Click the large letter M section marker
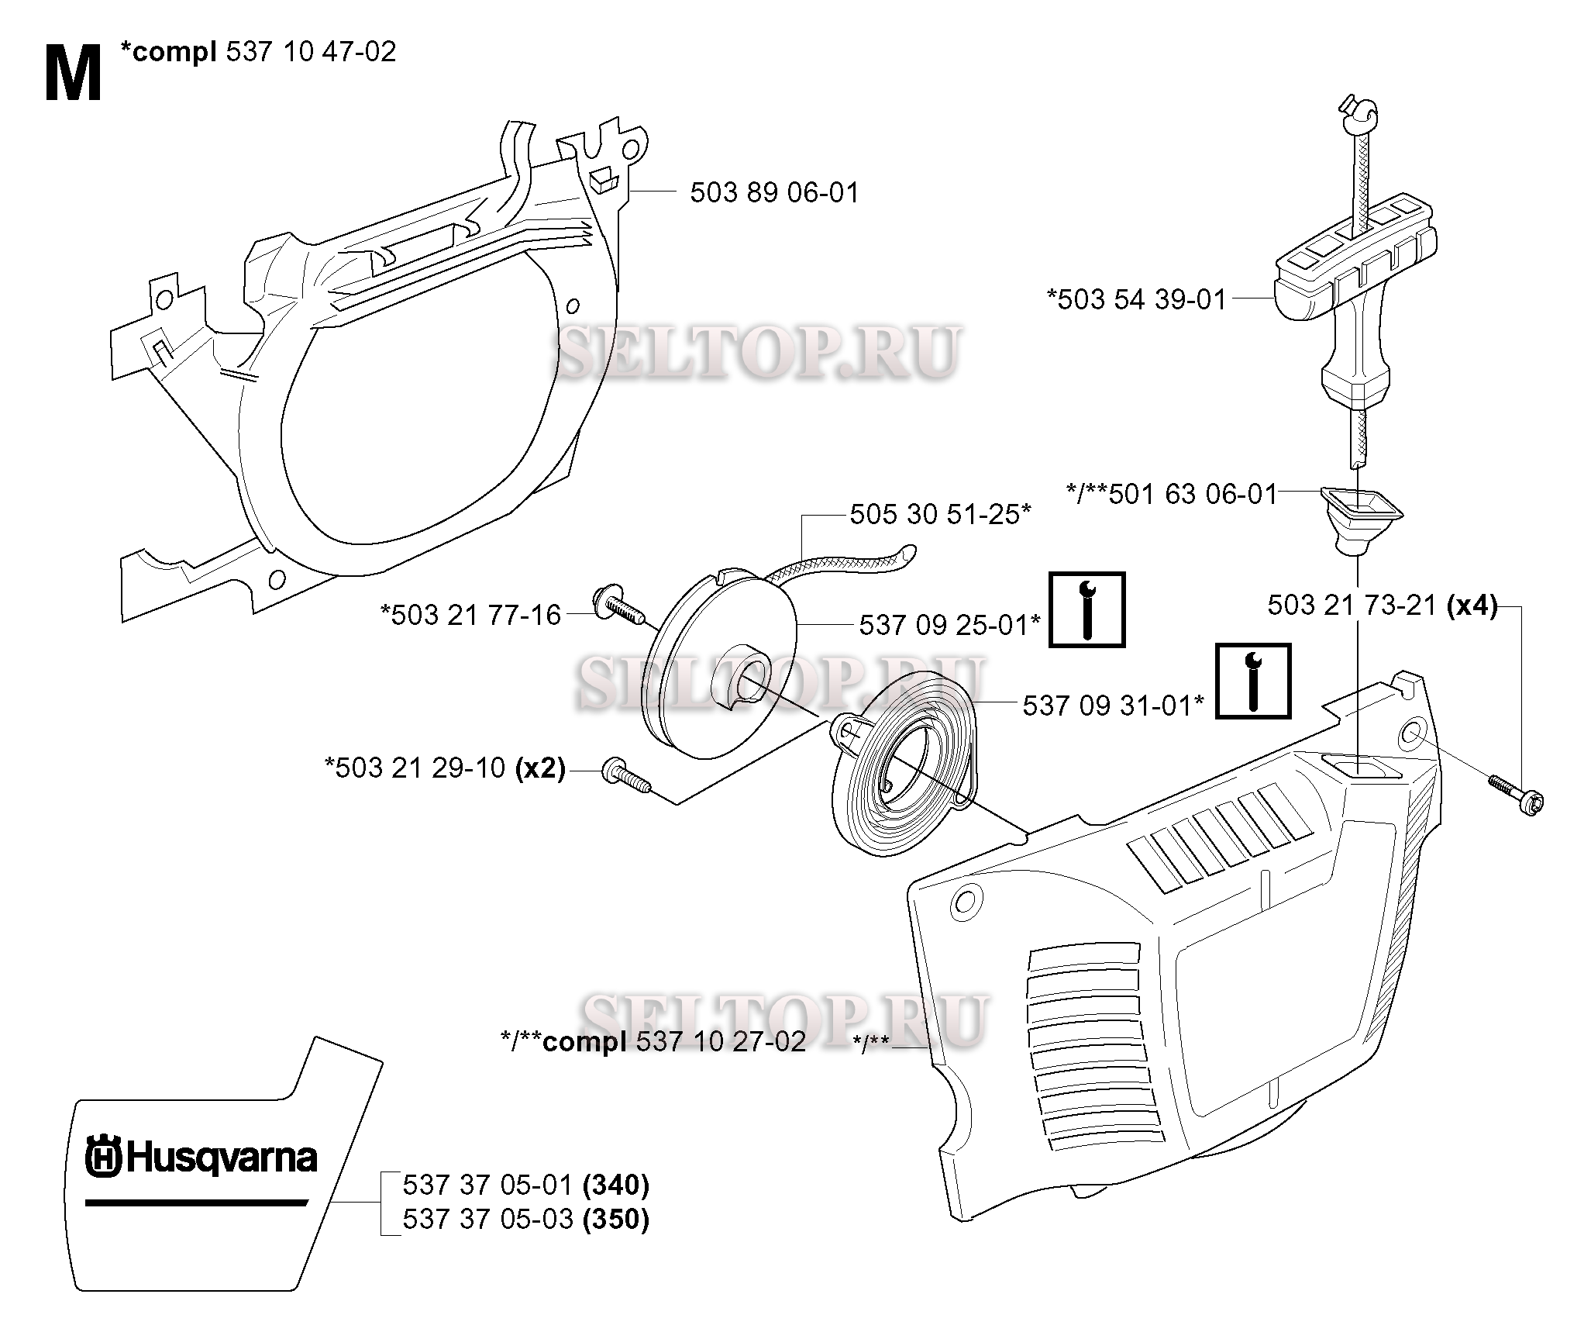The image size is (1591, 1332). pos(73,74)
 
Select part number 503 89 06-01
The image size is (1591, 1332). pos(774,192)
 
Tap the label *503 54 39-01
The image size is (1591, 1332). pos(1136,299)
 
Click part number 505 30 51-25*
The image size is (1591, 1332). pos(939,513)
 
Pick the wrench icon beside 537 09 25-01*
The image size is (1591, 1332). pos(1086,609)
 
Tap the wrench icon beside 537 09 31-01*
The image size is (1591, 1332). pos(1252,681)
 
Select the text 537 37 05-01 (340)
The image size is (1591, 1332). pos(525,1185)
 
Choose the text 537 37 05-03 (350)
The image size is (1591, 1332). pos(525,1220)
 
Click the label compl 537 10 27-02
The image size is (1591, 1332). pos(653,1041)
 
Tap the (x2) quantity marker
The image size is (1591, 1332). pos(539,768)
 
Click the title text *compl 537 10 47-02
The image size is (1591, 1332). pos(258,52)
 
